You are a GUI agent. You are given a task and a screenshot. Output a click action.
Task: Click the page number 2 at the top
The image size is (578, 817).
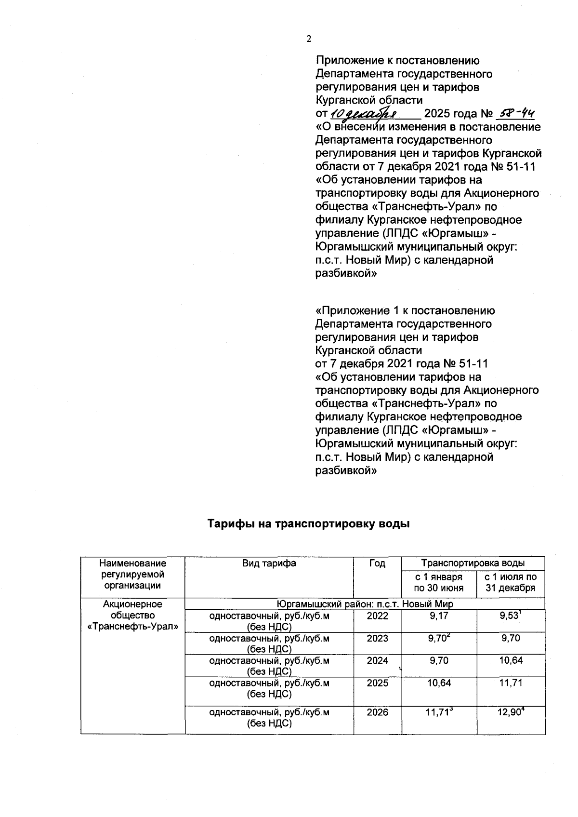pyautogui.click(x=309, y=40)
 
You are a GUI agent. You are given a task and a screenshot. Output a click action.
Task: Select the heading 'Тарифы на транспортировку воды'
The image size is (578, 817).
pyautogui.click(x=308, y=523)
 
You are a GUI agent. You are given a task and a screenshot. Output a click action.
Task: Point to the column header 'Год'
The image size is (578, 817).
pyautogui.click(x=377, y=563)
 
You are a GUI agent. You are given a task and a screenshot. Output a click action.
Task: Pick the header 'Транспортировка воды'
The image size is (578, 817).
pyautogui.click(x=473, y=563)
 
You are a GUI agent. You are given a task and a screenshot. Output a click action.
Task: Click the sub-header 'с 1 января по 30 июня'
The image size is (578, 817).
pyautogui.click(x=438, y=582)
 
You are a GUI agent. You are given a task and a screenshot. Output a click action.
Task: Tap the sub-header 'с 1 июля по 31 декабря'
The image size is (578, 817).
pyautogui.click(x=510, y=582)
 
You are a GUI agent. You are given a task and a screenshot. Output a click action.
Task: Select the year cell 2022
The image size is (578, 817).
pyautogui.click(x=377, y=616)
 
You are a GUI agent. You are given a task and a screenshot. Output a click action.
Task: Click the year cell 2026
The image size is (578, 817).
pyautogui.click(x=377, y=712)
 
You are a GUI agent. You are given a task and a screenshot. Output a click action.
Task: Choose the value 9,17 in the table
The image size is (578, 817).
pyautogui.click(x=438, y=616)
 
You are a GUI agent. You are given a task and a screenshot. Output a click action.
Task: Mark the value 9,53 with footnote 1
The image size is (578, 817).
pyautogui.click(x=510, y=616)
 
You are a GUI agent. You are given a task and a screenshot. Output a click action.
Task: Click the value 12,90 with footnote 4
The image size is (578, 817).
pyautogui.click(x=510, y=712)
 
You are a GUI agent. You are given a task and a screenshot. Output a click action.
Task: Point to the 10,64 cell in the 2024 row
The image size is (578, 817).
pyautogui.click(x=510, y=660)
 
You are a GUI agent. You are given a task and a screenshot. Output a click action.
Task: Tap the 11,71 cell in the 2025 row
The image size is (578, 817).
pyautogui.click(x=510, y=683)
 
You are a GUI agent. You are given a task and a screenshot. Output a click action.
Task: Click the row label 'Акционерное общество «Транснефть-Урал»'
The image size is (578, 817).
pyautogui.click(x=132, y=616)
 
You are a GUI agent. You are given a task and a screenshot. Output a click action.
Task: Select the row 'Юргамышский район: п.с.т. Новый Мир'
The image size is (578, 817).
pyautogui.click(x=365, y=604)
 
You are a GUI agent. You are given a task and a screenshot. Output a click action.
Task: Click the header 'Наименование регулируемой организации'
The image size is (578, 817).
pyautogui.click(x=132, y=574)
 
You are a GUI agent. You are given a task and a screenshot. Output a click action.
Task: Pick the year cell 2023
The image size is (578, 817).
pyautogui.click(x=377, y=638)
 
